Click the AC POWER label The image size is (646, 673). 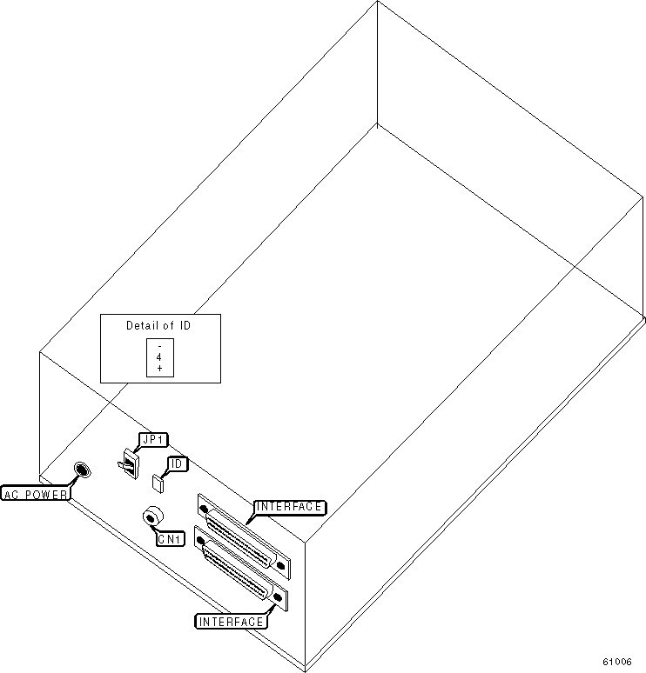[37, 494]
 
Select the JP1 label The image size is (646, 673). [153, 440]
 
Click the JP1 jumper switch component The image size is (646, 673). [129, 463]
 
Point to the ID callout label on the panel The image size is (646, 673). [176, 464]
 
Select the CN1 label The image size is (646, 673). [170, 539]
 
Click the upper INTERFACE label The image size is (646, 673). [289, 506]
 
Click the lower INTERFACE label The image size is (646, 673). [232, 622]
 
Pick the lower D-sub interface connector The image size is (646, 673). [241, 569]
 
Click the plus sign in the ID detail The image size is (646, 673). [159, 370]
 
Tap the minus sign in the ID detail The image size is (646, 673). [159, 346]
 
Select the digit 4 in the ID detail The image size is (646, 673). [159, 357]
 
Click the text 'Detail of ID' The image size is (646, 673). [158, 326]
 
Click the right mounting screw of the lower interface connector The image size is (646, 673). [278, 597]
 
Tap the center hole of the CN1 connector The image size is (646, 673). [152, 518]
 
